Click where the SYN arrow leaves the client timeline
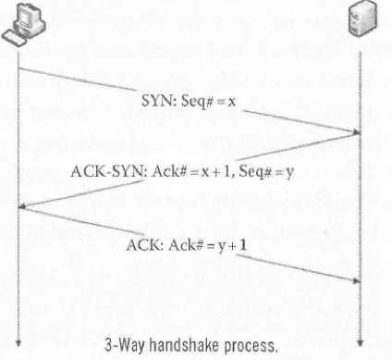[18, 67]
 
